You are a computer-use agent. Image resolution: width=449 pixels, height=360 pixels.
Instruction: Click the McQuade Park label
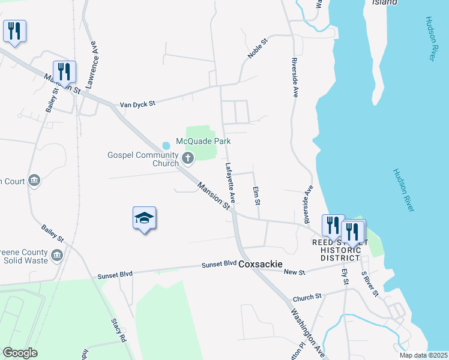pyautogui.click(x=203, y=142)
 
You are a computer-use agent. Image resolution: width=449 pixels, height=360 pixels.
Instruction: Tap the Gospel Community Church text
pyautogui.click(x=143, y=159)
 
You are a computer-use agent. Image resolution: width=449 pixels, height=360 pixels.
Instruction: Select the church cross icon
pyautogui.click(x=188, y=158)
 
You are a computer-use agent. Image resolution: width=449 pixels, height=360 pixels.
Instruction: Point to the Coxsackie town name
pyautogui.click(x=261, y=264)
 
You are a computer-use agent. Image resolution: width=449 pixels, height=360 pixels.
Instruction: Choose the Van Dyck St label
pyautogui.click(x=137, y=104)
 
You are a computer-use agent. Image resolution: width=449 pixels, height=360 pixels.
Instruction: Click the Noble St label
pyautogui.click(x=256, y=47)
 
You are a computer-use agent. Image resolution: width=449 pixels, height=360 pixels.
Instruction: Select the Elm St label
pyautogui.click(x=257, y=195)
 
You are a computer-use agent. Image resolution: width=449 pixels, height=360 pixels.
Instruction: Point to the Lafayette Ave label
pyautogui.click(x=229, y=182)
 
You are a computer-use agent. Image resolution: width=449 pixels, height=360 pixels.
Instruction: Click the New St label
pyautogui.click(x=294, y=272)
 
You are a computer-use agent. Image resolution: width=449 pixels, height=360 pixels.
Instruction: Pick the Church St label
pyautogui.click(x=307, y=296)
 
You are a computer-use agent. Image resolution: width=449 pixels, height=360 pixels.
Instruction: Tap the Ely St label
pyautogui.click(x=345, y=277)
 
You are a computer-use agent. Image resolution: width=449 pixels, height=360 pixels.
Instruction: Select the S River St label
pyautogui.click(x=369, y=284)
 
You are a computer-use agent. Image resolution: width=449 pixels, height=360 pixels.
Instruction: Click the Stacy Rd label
pyautogui.click(x=118, y=329)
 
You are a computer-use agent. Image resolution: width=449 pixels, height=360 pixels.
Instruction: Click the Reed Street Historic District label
pyautogui.click(x=336, y=250)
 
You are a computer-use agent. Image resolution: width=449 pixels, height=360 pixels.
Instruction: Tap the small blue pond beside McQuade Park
pyautogui.click(x=166, y=145)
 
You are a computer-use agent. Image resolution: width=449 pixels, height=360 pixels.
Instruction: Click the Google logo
pyautogui.click(x=20, y=353)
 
